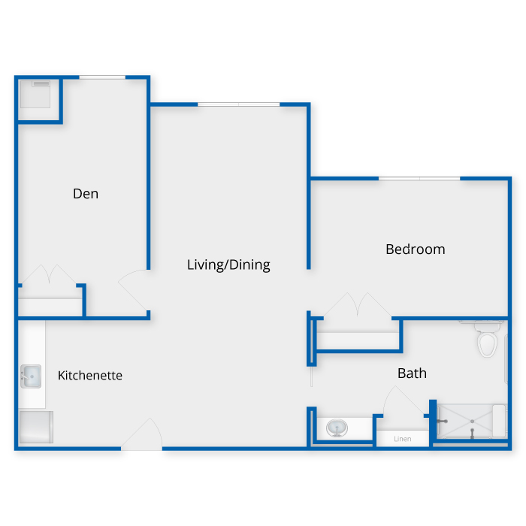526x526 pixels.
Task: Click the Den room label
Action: [x=86, y=194]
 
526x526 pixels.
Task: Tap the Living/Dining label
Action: [x=228, y=265]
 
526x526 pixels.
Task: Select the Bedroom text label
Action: [x=415, y=249]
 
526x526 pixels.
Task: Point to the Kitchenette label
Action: [x=90, y=375]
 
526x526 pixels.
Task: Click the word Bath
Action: [x=412, y=373]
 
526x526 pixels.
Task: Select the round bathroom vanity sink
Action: [x=336, y=428]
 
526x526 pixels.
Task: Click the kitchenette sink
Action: [x=30, y=375]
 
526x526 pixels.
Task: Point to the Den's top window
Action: [x=102, y=77]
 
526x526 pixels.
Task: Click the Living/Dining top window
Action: [x=239, y=104]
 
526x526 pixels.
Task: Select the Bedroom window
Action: [x=419, y=178]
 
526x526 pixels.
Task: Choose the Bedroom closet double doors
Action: [x=358, y=307]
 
